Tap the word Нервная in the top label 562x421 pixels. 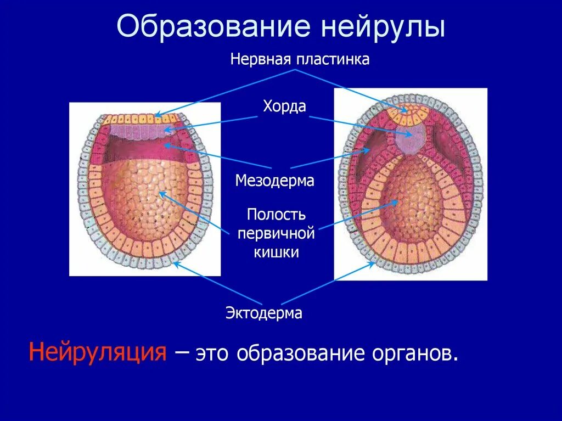[x=260, y=59]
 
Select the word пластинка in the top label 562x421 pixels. [x=334, y=59]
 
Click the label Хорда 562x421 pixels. [x=284, y=106]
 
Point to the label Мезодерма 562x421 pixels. [x=275, y=181]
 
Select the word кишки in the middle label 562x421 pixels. [x=276, y=252]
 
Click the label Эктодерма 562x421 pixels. [x=264, y=313]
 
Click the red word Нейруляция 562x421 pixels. [x=98, y=351]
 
